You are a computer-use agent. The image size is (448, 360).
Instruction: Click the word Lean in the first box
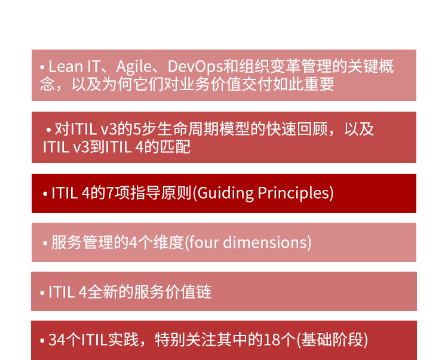[66, 66]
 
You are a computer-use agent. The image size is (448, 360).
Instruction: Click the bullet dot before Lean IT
[42, 67]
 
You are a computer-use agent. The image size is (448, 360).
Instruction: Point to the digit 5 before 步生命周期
[137, 129]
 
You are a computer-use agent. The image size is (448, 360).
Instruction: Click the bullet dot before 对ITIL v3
[48, 130]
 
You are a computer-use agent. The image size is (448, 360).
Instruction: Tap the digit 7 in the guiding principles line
[110, 193]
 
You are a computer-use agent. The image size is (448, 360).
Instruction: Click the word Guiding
[225, 193]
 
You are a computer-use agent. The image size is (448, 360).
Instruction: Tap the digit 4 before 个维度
[133, 242]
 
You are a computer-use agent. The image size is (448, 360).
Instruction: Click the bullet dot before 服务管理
[45, 244]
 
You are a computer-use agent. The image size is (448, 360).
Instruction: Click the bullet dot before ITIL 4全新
[42, 293]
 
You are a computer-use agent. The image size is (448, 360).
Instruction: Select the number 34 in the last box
[57, 340]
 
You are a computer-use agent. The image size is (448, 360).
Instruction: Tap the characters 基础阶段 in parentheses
[332, 340]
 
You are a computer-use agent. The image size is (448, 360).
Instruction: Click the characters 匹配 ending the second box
[175, 147]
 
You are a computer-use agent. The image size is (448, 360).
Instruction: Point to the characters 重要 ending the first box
[319, 84]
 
